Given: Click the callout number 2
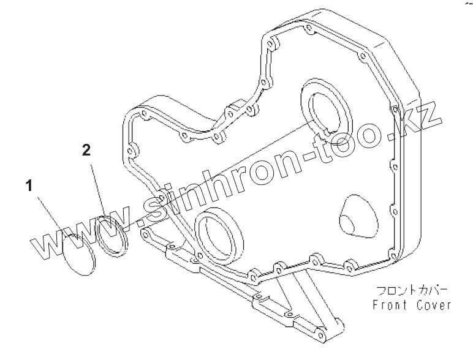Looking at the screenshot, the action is (87, 149).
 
